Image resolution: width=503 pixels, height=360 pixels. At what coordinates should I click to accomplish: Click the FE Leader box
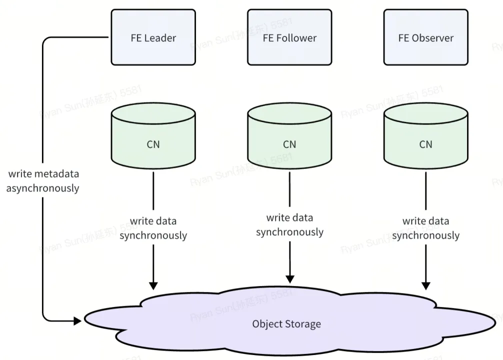pos(153,37)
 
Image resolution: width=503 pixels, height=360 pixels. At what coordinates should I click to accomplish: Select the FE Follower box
pos(289,37)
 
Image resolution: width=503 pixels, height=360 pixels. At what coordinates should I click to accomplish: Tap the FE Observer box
pos(426,37)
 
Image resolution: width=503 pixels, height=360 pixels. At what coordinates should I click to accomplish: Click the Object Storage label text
pos(286,324)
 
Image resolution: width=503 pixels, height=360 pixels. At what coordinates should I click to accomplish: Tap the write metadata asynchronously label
pos(43,181)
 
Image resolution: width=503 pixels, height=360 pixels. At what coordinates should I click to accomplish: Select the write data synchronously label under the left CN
pos(153,228)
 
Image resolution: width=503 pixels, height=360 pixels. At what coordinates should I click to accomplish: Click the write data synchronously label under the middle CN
pos(289,225)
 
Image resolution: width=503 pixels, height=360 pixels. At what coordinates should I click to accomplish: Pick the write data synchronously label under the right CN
pos(426,228)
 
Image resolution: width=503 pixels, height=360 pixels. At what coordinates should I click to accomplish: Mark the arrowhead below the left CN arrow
pos(153,285)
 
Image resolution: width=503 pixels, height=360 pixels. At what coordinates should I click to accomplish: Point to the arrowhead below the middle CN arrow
pos(289,278)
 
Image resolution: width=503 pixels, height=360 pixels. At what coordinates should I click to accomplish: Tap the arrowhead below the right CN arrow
pos(426,285)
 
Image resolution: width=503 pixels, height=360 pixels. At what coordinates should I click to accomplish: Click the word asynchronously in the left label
pos(43,188)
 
